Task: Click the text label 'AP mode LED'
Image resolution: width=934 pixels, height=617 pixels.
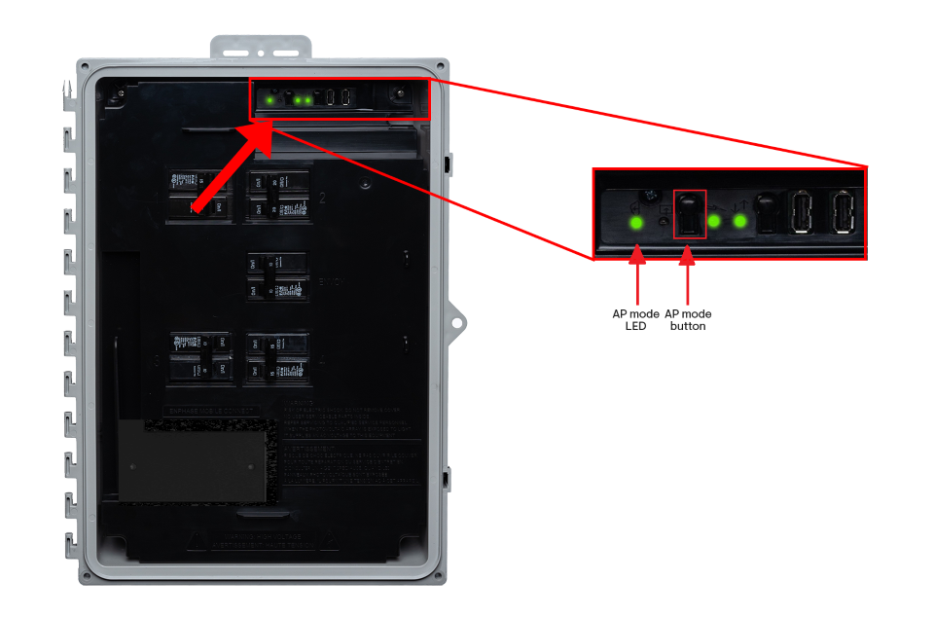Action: point(635,320)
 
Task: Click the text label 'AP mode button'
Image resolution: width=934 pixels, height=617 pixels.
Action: point(688,320)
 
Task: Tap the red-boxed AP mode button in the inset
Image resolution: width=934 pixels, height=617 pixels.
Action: point(689,214)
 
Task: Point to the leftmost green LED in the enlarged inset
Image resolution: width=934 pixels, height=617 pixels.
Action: point(636,223)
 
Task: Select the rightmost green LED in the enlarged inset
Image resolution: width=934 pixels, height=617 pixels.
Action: point(739,221)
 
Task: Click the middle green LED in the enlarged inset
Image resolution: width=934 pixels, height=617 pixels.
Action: point(714,221)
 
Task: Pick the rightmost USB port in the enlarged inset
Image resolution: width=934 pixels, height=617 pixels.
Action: point(843,212)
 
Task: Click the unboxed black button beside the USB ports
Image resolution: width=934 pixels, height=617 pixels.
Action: point(766,212)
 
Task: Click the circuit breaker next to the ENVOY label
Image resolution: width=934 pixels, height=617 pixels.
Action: point(276,276)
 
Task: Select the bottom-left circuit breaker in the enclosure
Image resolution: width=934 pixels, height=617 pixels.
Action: point(201,356)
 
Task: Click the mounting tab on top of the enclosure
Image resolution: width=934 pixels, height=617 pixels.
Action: point(261,48)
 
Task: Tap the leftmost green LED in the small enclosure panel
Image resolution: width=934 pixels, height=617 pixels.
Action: point(269,100)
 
